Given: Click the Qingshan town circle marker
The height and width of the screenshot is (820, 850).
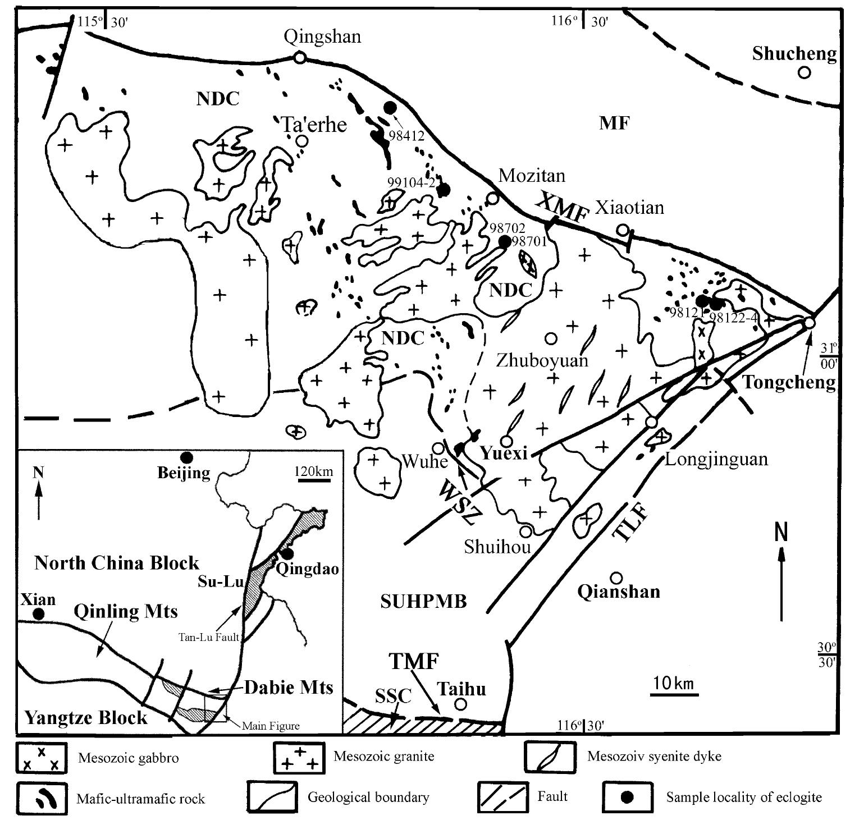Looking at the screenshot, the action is pyautogui.click(x=300, y=57).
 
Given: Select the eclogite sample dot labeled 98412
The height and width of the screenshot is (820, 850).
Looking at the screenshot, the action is pyautogui.click(x=391, y=107).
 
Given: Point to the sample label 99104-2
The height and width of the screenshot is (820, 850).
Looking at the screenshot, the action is pyautogui.click(x=410, y=182).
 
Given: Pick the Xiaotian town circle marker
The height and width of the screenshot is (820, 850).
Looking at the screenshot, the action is pyautogui.click(x=623, y=230).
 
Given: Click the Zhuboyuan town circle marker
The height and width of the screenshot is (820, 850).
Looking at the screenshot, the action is pyautogui.click(x=551, y=338).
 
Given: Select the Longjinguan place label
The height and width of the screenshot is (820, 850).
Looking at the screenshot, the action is pyautogui.click(x=716, y=460).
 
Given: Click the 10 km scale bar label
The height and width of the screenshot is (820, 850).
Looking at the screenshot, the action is pyautogui.click(x=674, y=684).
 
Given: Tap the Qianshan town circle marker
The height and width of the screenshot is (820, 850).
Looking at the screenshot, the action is pyautogui.click(x=616, y=577).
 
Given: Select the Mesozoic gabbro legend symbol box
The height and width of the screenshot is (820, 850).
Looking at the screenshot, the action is pyautogui.click(x=41, y=757).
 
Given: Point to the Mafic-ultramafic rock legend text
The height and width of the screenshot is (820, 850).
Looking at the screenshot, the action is pyautogui.click(x=140, y=799).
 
